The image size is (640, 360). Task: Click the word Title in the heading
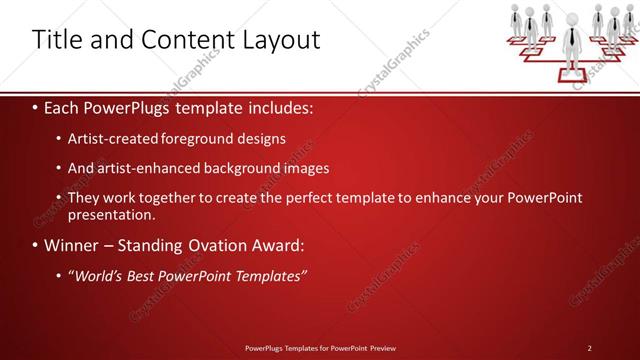click(x=57, y=39)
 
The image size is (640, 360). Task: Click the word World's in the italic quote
click(x=100, y=275)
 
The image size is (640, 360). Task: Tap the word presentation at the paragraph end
click(x=110, y=214)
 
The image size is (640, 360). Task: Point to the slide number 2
click(x=590, y=347)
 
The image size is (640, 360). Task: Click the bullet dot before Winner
click(x=36, y=245)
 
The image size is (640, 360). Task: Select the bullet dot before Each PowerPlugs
click(x=36, y=106)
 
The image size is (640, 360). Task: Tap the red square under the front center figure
click(x=572, y=72)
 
